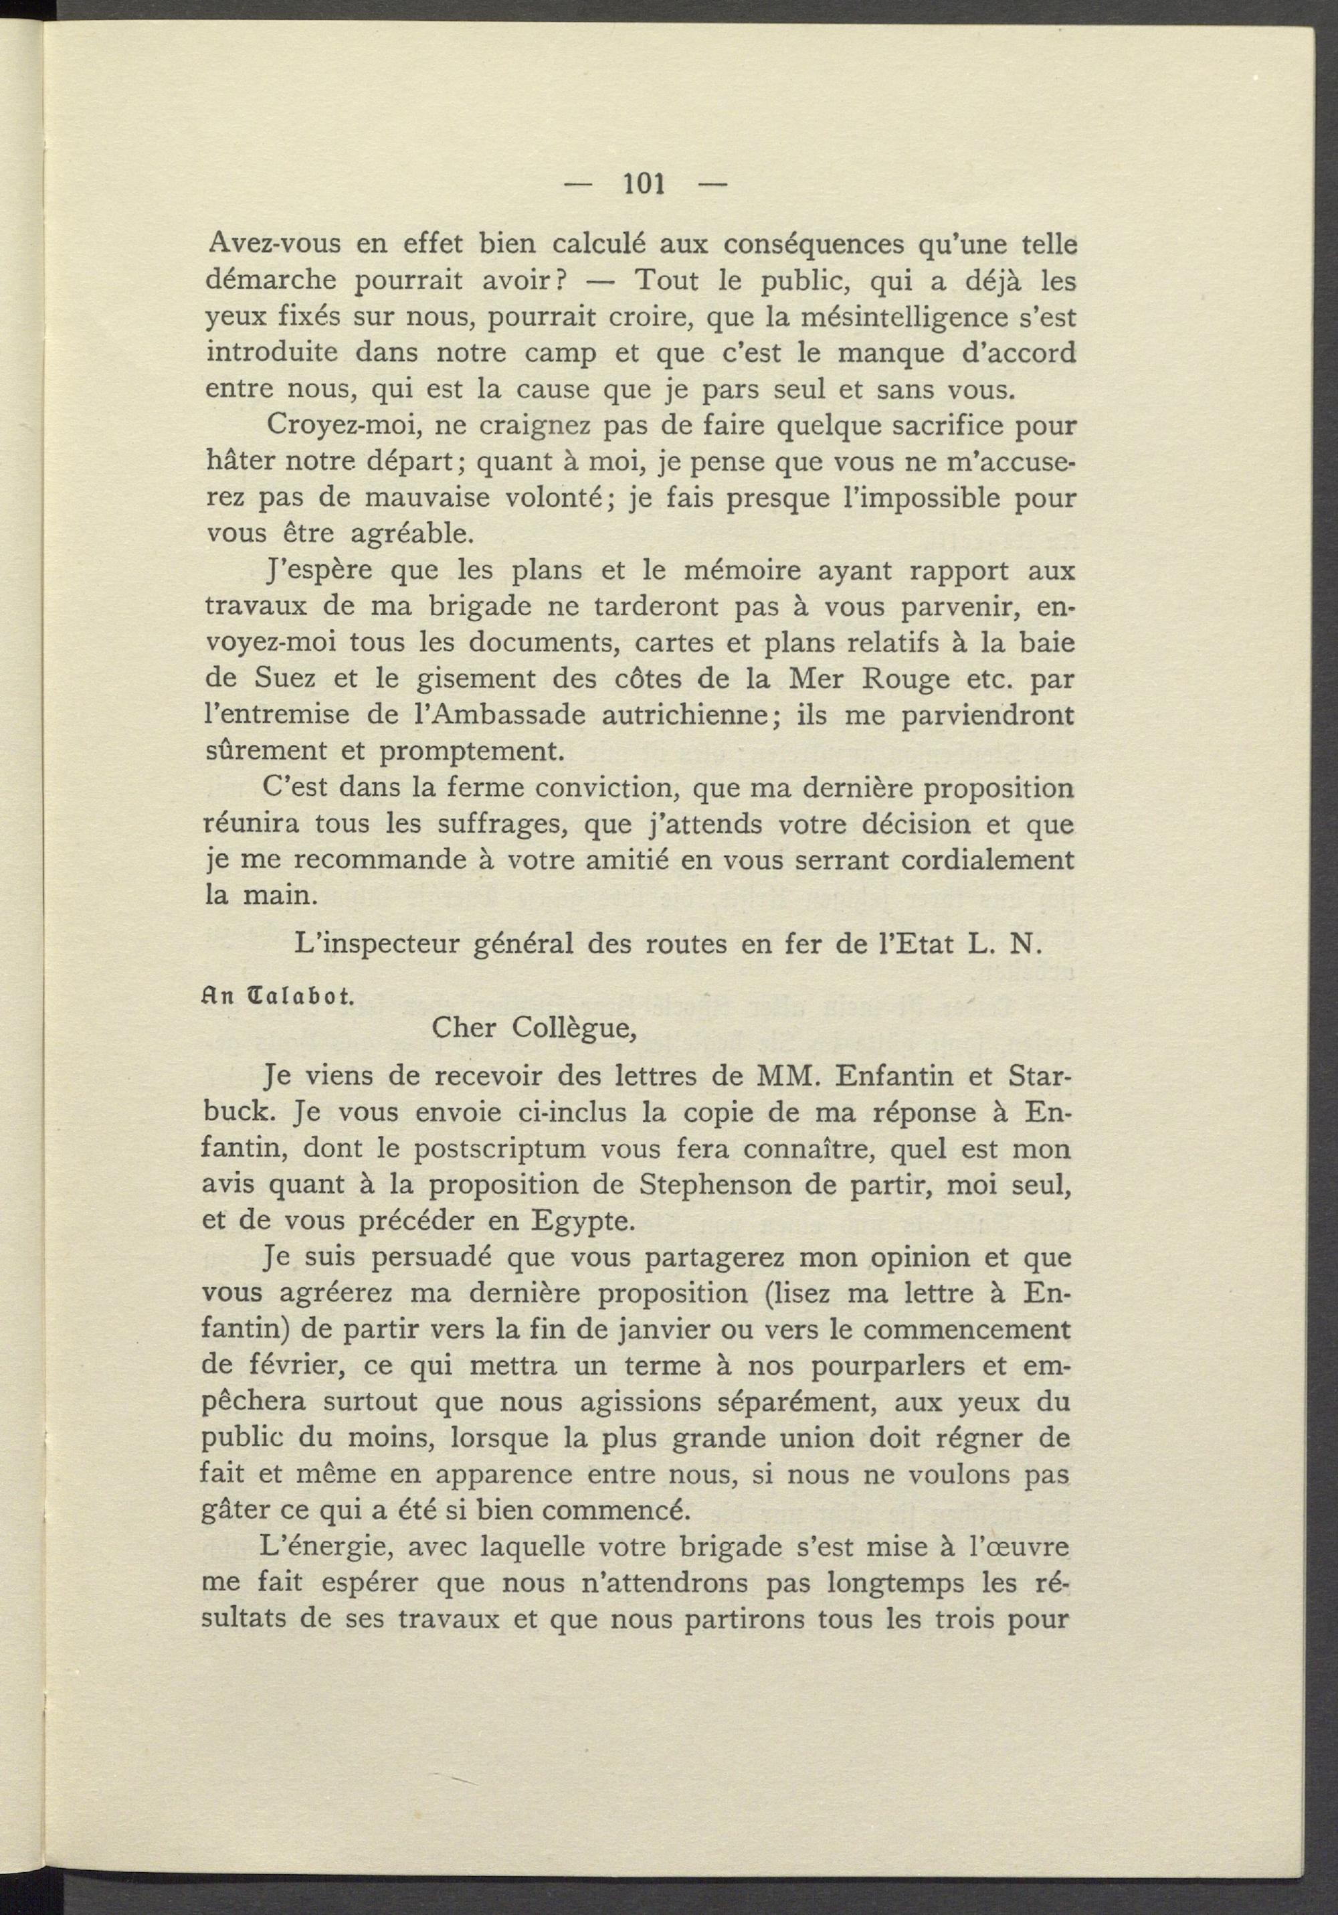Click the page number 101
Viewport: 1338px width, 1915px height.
click(644, 184)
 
